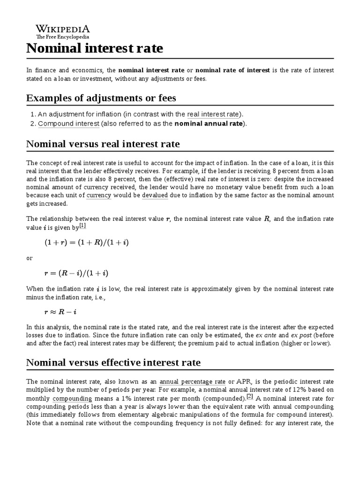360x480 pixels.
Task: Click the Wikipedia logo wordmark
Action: click(x=63, y=29)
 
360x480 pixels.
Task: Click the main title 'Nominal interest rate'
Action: click(x=95, y=48)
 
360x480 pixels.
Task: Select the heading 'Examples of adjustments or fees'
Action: click(x=101, y=98)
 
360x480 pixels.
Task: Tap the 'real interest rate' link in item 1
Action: click(x=213, y=114)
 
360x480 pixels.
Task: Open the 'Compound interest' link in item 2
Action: click(x=68, y=124)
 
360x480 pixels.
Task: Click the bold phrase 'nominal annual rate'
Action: click(x=209, y=124)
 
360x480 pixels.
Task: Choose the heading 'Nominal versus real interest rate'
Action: click(x=103, y=143)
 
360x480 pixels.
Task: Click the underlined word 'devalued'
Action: click(x=155, y=195)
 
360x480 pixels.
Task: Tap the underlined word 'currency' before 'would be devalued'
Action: click(x=99, y=195)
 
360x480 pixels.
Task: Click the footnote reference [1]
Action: click(x=82, y=225)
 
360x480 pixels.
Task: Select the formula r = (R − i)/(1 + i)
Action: click(x=76, y=273)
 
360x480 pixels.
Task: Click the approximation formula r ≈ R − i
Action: click(x=58, y=311)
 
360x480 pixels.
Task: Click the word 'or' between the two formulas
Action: click(x=30, y=258)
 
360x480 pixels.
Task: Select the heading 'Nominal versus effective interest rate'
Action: click(x=113, y=362)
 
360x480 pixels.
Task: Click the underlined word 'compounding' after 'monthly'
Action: click(x=72, y=398)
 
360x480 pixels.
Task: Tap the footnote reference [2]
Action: click(x=250, y=397)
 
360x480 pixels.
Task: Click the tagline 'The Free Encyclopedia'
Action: click(x=63, y=37)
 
